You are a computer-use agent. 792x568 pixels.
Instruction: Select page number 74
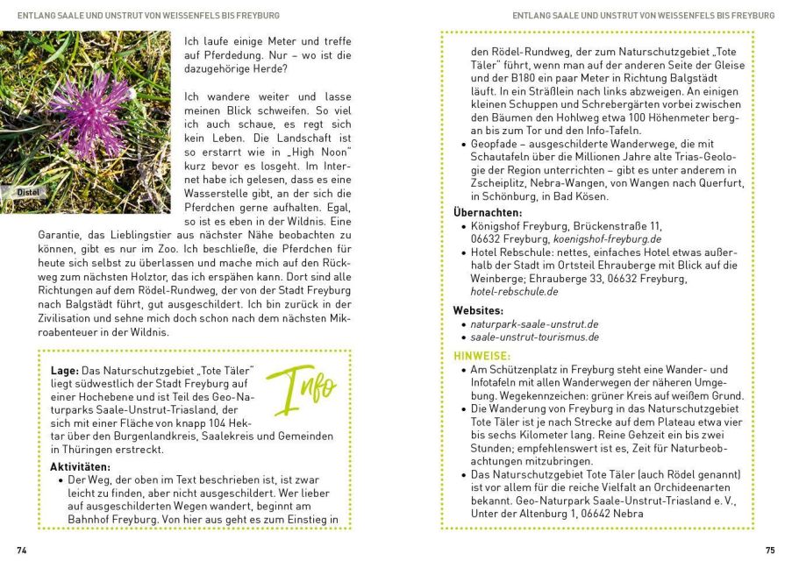point(22,550)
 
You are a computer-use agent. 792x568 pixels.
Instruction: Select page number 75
point(769,550)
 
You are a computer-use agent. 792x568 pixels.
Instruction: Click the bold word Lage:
point(65,371)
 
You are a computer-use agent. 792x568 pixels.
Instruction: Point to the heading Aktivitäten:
point(81,466)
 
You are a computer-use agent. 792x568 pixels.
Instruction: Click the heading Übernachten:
point(487,212)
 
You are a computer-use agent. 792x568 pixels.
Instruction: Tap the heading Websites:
point(478,310)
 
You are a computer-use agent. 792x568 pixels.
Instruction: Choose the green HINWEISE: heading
point(482,356)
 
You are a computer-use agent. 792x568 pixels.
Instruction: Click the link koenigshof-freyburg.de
point(607,238)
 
